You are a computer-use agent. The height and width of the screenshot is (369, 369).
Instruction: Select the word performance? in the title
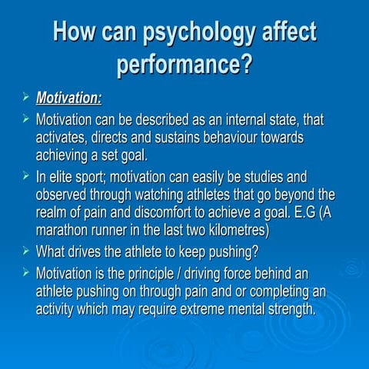point(184,64)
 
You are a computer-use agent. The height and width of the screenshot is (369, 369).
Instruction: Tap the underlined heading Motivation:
point(68,98)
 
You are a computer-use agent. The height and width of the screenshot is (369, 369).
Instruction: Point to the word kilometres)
point(228,230)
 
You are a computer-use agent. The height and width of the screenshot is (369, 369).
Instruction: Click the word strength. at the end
point(288,310)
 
